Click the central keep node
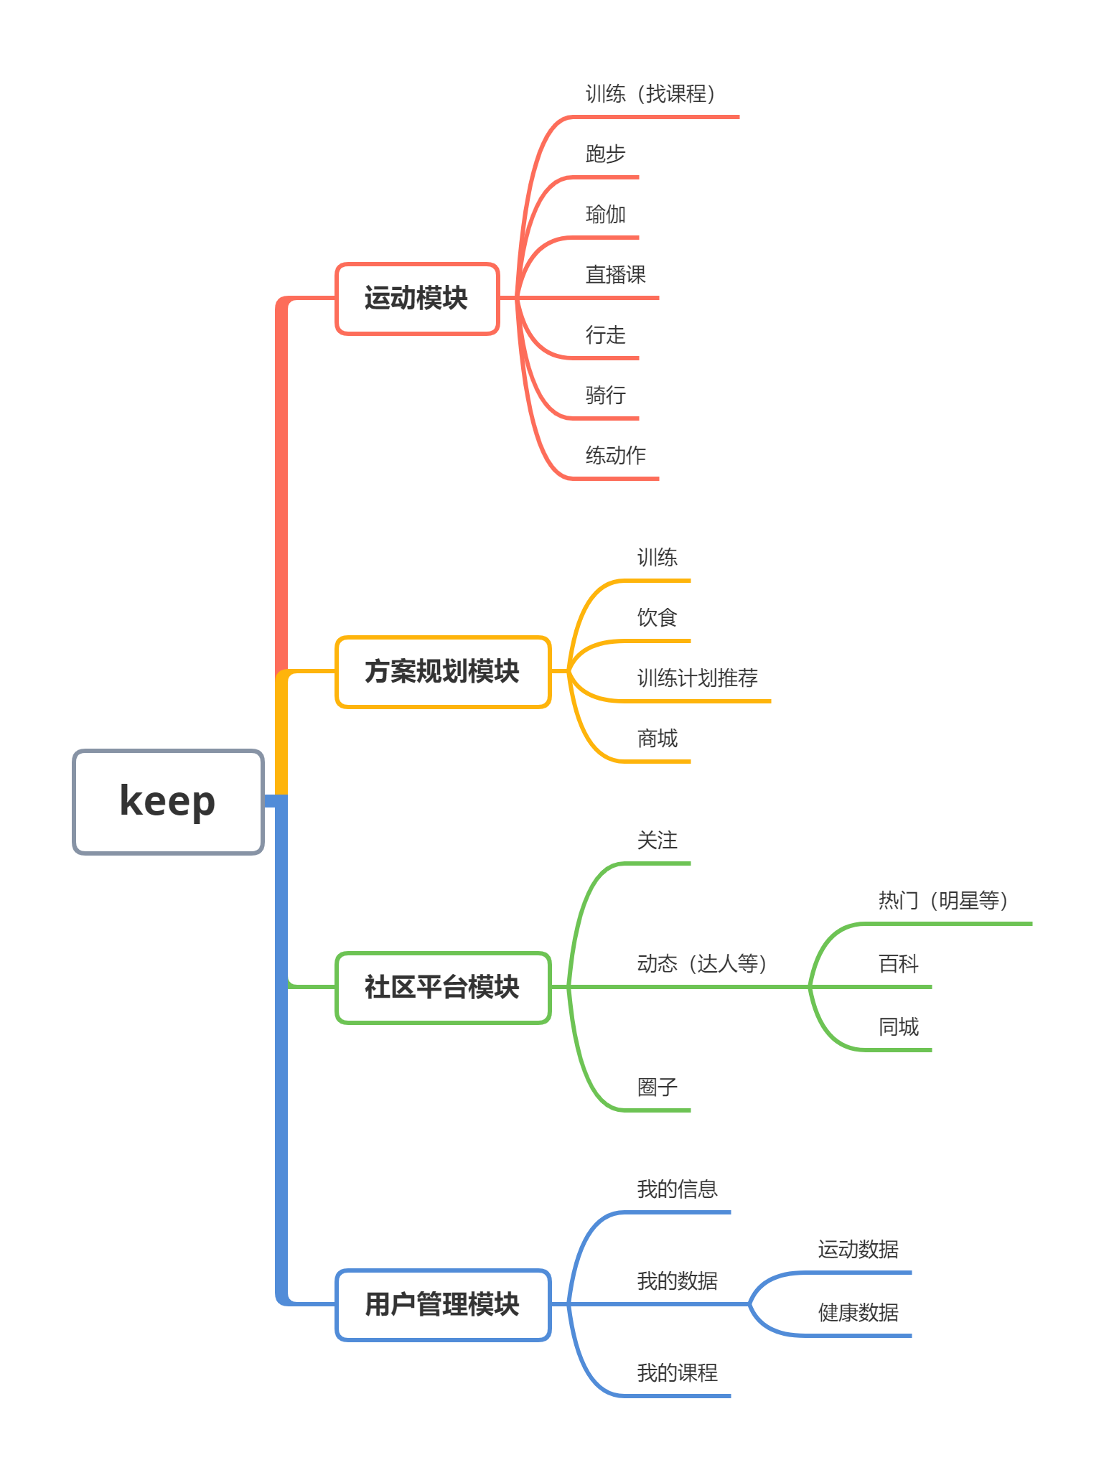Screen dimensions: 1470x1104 tap(168, 801)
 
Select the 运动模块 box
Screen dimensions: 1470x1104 tap(416, 299)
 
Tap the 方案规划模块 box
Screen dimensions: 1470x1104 tap(442, 672)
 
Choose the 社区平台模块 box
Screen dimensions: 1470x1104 tap(442, 988)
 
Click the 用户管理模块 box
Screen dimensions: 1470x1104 tap(442, 1304)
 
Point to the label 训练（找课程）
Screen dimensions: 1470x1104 tap(650, 94)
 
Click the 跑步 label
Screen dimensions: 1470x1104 tap(605, 154)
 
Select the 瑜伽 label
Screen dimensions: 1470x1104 tap(605, 215)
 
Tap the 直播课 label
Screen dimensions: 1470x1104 tap(615, 275)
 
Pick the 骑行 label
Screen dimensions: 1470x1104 tap(605, 395)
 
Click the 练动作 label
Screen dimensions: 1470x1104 tap(615, 456)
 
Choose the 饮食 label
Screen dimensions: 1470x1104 tap(657, 618)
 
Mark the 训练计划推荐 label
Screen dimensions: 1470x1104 tap(697, 678)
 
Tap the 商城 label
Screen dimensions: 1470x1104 tap(657, 739)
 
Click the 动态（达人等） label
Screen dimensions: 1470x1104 tap(701, 964)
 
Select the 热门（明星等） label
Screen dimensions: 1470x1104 tap(942, 901)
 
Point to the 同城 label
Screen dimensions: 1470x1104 tap(898, 1027)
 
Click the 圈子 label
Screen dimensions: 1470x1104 tap(657, 1087)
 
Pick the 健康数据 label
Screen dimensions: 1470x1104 tap(858, 1313)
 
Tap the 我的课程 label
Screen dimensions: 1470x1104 tap(677, 1373)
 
